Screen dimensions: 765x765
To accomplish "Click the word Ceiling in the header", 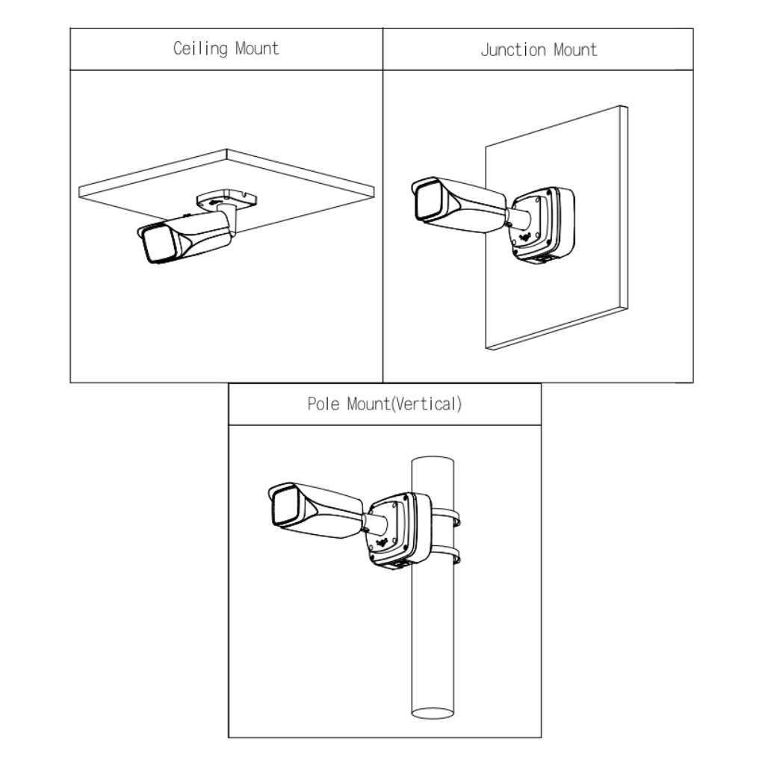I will tap(201, 49).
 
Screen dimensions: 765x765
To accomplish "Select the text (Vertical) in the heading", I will tap(428, 405).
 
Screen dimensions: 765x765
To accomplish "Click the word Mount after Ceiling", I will tap(256, 49).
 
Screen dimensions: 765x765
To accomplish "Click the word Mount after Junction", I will tap(575, 50).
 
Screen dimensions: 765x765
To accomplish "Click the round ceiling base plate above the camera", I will tap(226, 199).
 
